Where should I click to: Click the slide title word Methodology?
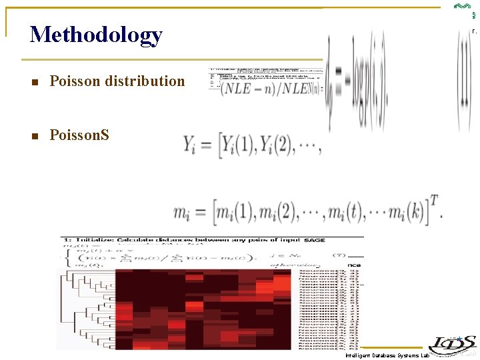(96, 35)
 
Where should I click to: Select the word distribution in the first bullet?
(147, 81)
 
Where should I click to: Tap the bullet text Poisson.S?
(79, 135)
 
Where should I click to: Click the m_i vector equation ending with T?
(307, 212)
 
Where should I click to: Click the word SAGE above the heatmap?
(314, 239)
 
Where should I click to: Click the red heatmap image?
(203, 309)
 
